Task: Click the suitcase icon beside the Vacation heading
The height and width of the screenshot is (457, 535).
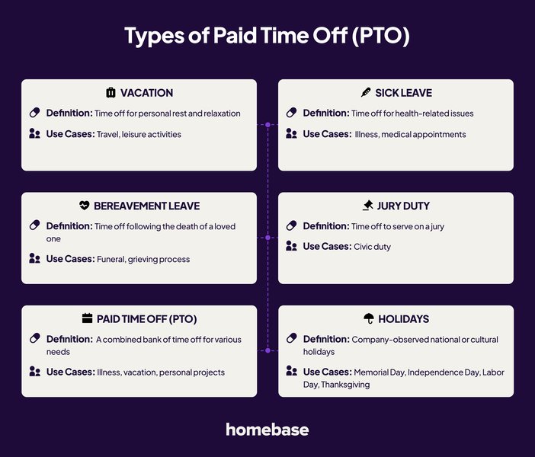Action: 111,93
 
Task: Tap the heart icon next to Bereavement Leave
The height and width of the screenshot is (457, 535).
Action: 85,206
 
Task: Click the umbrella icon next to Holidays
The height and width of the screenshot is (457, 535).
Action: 369,318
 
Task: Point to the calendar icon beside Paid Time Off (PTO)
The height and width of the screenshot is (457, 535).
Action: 87,318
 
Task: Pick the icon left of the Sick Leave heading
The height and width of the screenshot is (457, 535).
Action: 366,93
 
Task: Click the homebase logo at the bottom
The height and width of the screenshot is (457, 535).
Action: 267,430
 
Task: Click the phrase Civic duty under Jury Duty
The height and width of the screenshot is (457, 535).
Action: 372,247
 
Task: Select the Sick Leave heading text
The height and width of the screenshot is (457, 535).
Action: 403,93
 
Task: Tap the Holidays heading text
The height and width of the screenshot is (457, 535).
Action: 404,318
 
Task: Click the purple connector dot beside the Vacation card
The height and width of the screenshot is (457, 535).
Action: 267,124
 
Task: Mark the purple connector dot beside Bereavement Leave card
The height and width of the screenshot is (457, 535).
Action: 267,238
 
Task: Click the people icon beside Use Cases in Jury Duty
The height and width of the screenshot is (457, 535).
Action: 291,246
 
